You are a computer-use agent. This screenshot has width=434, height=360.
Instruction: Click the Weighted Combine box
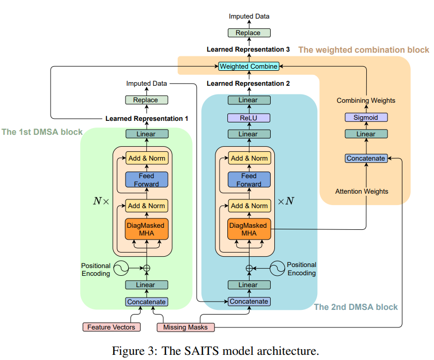pyautogui.click(x=249, y=66)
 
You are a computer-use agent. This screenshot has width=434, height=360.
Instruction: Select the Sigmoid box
pyautogui.click(x=366, y=117)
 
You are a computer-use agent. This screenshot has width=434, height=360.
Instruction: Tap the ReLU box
pyautogui.click(x=249, y=117)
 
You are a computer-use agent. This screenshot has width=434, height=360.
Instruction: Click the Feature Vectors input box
pyautogui.click(x=111, y=327)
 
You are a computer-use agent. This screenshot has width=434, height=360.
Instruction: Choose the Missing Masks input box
pyautogui.click(x=185, y=327)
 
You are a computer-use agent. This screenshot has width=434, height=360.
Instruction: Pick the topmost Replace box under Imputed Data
pyautogui.click(x=249, y=33)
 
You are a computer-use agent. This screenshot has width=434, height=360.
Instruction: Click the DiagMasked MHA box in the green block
pyautogui.click(x=147, y=229)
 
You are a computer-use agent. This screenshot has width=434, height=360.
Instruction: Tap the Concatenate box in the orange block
pyautogui.click(x=366, y=158)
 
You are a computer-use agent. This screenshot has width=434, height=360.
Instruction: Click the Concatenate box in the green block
pyautogui.click(x=146, y=302)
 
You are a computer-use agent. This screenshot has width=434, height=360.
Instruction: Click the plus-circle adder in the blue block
pyautogui.click(x=249, y=268)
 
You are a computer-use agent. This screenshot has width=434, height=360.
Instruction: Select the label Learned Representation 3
pyautogui.click(x=248, y=50)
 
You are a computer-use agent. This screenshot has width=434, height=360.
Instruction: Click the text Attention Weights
pyautogui.click(x=362, y=191)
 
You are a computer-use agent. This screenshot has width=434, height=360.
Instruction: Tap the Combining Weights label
pyautogui.click(x=366, y=100)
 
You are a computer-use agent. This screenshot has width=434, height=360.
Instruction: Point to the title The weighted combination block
pyautogui.click(x=364, y=50)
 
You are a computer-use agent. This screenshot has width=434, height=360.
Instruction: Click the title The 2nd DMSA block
pyautogui.click(x=356, y=307)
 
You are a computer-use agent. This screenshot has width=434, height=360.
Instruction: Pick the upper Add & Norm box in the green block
pyautogui.click(x=147, y=158)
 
